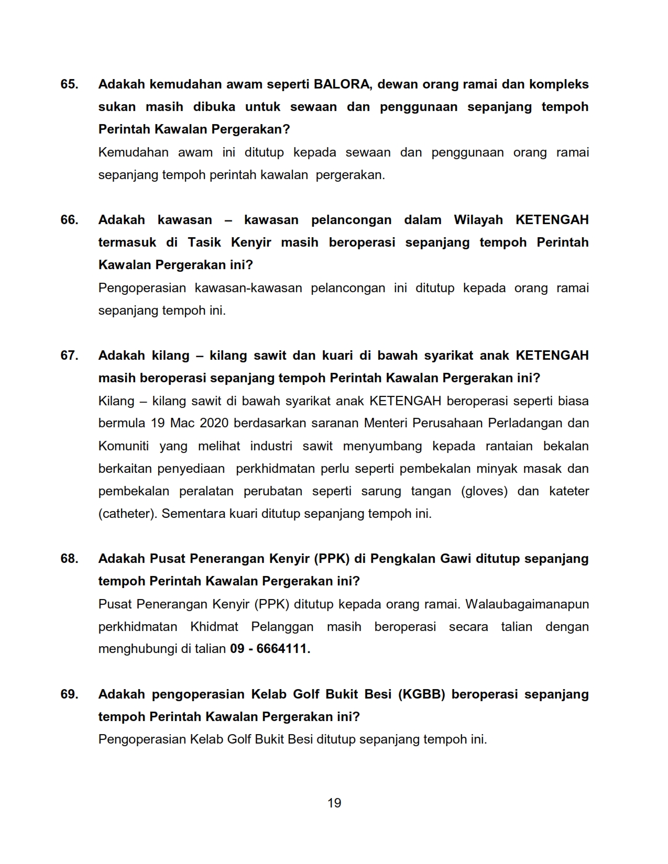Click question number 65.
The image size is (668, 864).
[69, 84]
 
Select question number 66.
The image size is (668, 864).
[69, 220]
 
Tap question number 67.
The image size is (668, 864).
[69, 356]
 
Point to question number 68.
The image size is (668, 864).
[69, 559]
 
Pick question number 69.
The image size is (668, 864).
[69, 694]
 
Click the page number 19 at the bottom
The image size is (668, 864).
[334, 803]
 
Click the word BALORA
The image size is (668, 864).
[341, 84]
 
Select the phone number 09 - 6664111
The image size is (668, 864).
[270, 649]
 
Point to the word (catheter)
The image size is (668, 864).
[127, 514]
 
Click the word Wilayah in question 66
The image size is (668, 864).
[478, 220]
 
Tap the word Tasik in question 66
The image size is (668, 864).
[204, 242]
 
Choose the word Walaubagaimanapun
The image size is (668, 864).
[527, 604]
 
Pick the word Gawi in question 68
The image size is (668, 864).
[455, 559]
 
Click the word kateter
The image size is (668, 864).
[569, 491]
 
